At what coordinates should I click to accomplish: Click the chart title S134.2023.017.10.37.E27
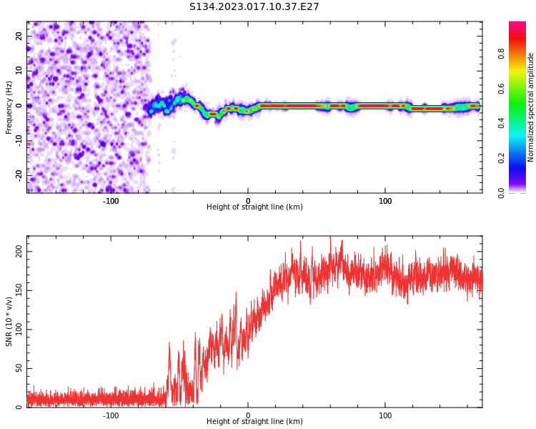254,7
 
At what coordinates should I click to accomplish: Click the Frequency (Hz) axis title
9,107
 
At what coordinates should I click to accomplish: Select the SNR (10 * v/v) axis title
9,322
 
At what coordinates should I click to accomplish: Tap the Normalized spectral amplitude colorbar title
531,107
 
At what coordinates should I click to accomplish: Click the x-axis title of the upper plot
254,207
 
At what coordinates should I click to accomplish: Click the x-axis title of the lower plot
254,422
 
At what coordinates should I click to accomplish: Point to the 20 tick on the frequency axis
19,36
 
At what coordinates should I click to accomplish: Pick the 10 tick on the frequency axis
19,71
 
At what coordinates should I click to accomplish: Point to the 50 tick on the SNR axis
19,368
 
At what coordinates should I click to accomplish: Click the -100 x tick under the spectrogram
111,201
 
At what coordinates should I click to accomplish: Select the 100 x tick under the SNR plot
385,415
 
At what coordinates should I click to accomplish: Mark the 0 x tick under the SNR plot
248,415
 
